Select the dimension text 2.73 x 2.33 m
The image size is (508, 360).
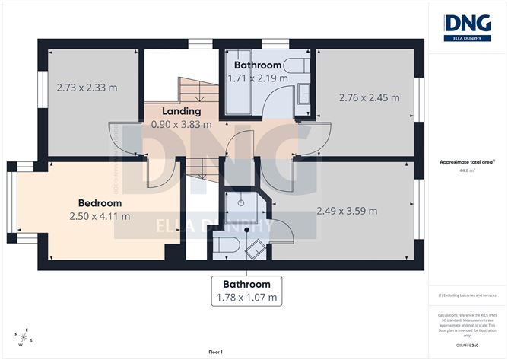pos(87,88)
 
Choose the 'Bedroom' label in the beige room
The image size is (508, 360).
pos(100,203)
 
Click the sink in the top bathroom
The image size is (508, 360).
pos(303,94)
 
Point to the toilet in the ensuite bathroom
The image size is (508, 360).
pos(227,244)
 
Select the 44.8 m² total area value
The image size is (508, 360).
pos(468,171)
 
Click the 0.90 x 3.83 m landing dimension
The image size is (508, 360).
pos(182,124)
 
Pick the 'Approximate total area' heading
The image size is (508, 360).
pos(466,162)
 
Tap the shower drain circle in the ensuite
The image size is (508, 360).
pos(238,204)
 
